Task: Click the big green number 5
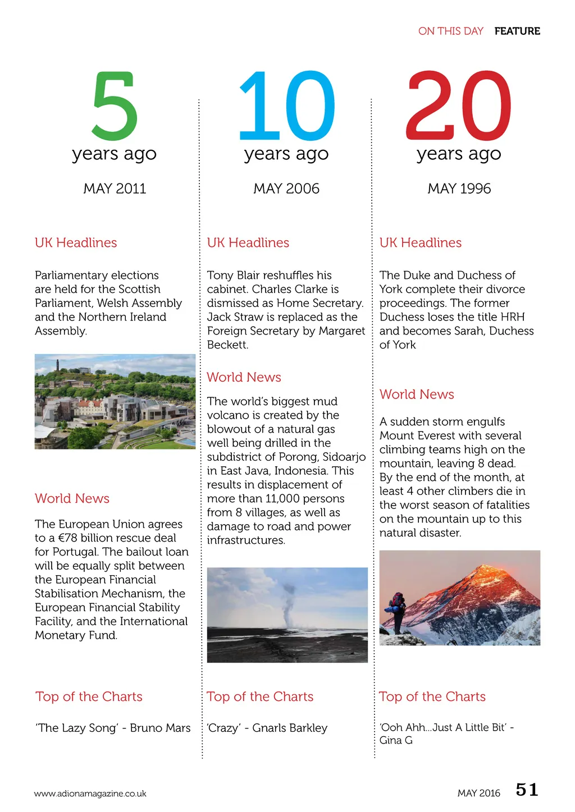(115, 105)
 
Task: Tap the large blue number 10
(286, 105)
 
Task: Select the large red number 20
(458, 105)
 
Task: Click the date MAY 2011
(115, 189)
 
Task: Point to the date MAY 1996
(459, 189)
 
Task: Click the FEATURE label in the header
(517, 31)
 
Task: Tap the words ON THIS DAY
(450, 31)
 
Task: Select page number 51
(527, 790)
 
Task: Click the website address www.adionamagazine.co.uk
(90, 793)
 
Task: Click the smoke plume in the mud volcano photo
(287, 603)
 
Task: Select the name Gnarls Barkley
(290, 728)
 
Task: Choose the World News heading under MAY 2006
(244, 377)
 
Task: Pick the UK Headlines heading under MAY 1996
(420, 242)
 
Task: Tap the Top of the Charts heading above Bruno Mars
(89, 696)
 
